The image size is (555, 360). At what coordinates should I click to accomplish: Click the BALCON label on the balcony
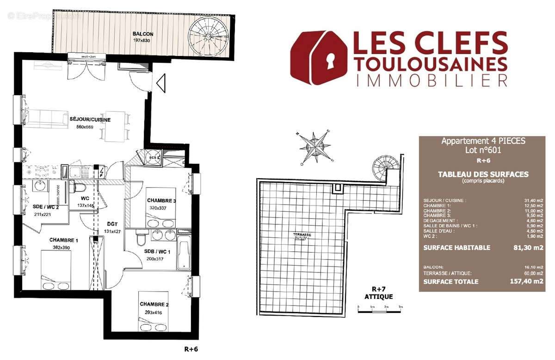click(143, 34)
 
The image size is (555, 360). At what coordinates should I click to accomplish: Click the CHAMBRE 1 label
click(64, 240)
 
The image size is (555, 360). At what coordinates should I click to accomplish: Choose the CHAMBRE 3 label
click(161, 200)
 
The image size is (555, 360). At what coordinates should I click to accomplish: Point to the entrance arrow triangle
click(160, 84)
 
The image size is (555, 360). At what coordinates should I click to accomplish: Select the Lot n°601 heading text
click(483, 150)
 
